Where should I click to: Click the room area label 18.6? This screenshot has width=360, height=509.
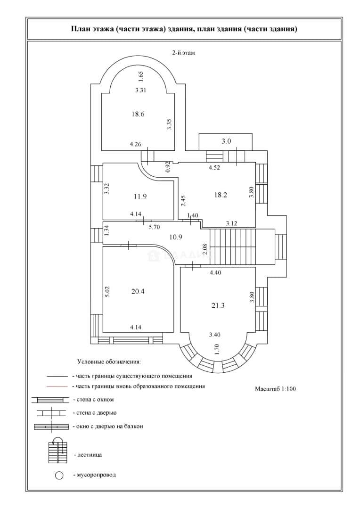tap(138, 114)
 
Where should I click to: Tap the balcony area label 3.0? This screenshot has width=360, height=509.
tap(226, 141)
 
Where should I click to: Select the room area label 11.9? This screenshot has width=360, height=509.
tap(140, 196)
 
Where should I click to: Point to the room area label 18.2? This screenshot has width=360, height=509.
tap(221, 195)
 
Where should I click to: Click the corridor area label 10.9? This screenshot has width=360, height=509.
tap(176, 237)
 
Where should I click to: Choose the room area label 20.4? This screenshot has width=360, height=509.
tap(138, 291)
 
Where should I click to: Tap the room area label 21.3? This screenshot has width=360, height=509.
tap(218, 305)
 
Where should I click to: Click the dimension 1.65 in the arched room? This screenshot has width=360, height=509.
tap(140, 77)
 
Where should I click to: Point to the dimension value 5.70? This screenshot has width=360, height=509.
tap(154, 227)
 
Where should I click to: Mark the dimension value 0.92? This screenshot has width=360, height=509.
tap(168, 166)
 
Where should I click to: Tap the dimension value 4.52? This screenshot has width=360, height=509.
tap(214, 167)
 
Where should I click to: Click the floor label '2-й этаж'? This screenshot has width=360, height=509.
tap(184, 53)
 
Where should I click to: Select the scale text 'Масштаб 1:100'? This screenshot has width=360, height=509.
tap(275, 388)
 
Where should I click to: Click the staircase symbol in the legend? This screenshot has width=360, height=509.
tap(59, 451)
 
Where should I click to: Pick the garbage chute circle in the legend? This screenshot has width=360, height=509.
tap(59, 476)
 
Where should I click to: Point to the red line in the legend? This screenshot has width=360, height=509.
tap(57, 386)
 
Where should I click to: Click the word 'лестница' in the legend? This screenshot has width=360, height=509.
tap(89, 454)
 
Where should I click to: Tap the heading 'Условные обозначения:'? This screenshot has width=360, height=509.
tap(109, 361)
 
